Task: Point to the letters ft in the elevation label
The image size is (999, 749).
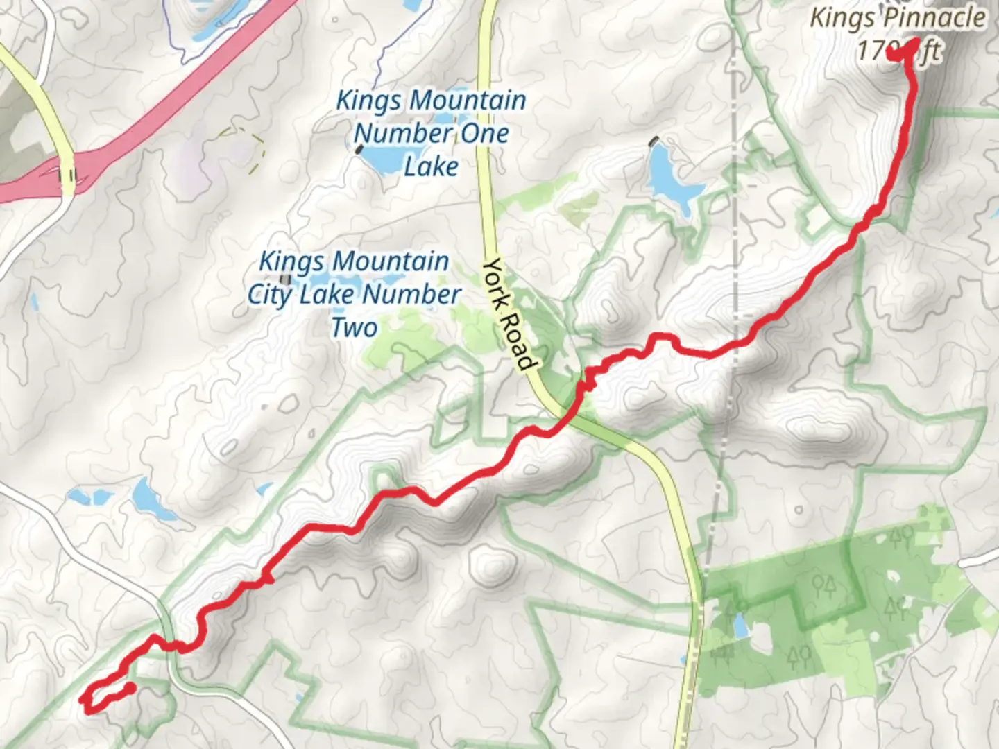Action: click(930, 51)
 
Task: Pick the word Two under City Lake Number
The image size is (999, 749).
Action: click(355, 327)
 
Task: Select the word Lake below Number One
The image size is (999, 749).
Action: click(431, 166)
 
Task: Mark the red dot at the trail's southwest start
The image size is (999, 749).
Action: click(130, 688)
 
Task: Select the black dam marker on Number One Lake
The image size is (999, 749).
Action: click(359, 148)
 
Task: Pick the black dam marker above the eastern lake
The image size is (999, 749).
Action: click(653, 141)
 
